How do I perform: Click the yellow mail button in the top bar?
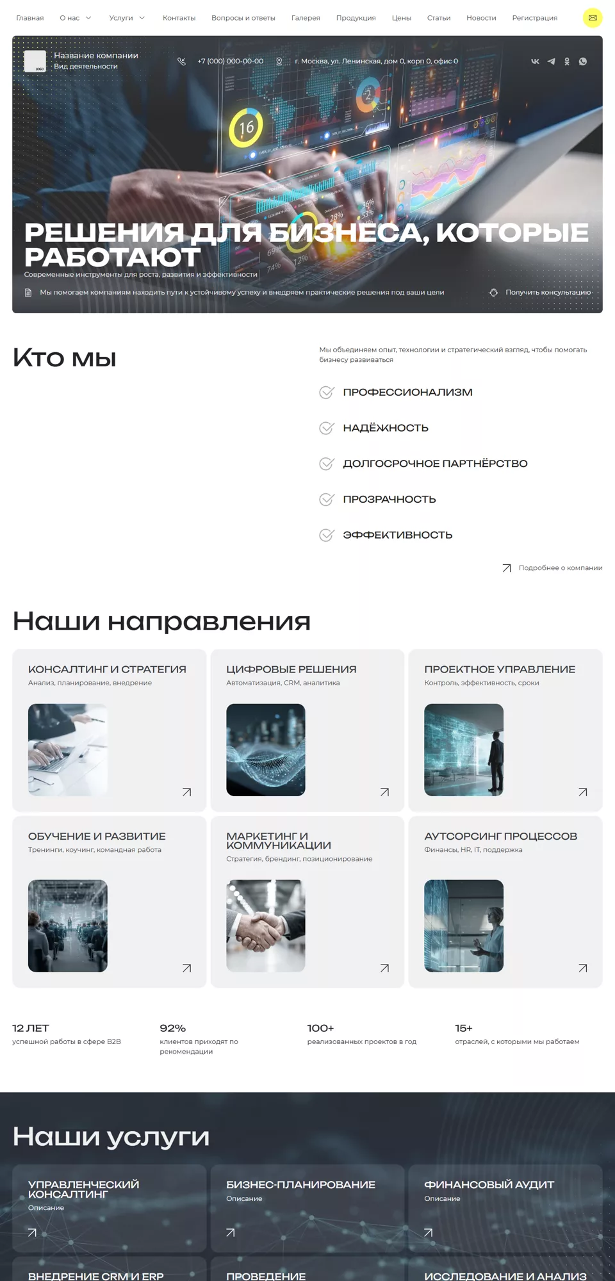point(593,18)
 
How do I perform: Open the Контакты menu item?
point(179,18)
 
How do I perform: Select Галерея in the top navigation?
point(306,18)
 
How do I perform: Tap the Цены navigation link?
point(402,18)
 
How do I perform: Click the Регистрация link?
point(535,18)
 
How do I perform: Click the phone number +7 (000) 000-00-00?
point(231,61)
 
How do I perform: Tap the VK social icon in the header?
point(535,61)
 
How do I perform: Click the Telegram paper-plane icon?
point(551,61)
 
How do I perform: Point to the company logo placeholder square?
point(35,61)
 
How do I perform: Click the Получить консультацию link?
point(548,292)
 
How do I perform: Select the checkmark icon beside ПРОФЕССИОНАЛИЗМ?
point(327,392)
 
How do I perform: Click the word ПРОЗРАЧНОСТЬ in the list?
point(389,499)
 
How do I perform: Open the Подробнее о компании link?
point(561,567)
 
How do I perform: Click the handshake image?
point(266,926)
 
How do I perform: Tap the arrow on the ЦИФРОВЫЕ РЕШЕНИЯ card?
point(384,792)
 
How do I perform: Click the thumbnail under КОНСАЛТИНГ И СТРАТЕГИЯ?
point(68,750)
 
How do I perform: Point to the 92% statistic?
point(173,1028)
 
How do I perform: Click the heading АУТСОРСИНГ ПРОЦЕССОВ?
point(501,836)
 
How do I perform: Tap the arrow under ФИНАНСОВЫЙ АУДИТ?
point(429,1232)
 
